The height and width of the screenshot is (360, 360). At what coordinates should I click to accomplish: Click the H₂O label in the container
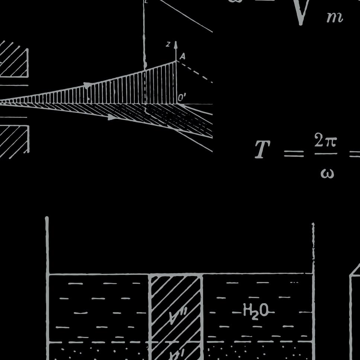pos(256,311)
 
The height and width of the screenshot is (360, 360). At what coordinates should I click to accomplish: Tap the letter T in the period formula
pos(263,149)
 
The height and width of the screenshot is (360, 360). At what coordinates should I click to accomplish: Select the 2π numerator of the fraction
pos(325,141)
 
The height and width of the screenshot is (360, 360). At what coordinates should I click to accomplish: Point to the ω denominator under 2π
pos(327,173)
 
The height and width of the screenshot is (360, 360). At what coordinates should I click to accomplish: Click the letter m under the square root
pos(334,17)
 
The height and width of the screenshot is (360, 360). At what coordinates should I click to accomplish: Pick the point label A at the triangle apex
pos(182,56)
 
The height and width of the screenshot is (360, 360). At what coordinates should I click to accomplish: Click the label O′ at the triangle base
pos(182,98)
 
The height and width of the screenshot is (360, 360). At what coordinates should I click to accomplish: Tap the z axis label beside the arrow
pos(168,44)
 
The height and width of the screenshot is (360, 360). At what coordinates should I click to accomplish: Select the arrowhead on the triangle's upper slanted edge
pos(88,85)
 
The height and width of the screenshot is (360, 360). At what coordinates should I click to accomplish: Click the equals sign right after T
pos(294,153)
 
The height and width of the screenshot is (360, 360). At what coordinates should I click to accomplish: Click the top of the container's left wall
pos(47,219)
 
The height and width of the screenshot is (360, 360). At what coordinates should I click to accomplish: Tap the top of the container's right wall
pos(313,225)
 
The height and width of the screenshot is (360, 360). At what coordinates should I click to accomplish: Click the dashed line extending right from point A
pos(195,72)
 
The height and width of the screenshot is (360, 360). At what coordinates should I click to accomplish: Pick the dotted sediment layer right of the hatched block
pos(257,351)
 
